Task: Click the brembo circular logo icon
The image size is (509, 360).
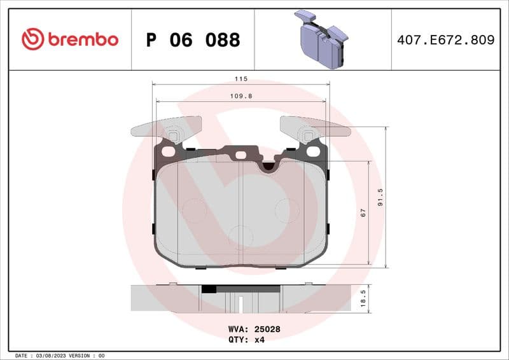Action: [x=32, y=39]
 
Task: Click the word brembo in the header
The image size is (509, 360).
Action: [x=82, y=39]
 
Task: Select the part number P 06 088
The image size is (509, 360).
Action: [x=193, y=40]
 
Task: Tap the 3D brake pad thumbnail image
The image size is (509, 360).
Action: [x=322, y=39]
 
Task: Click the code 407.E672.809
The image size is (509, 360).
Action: [x=445, y=40]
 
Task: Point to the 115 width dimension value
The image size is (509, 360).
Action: [x=241, y=79]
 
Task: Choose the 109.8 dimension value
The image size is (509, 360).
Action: [x=241, y=96]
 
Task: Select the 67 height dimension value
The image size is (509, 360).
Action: [x=363, y=213]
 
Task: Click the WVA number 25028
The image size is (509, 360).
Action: [x=267, y=329]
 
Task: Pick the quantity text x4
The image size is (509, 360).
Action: [x=259, y=340]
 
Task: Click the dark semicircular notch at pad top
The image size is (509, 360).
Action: [x=269, y=166]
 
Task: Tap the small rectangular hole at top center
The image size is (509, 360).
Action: [x=241, y=155]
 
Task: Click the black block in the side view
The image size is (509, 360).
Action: [x=209, y=288]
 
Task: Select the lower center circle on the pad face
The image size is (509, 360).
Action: [x=241, y=236]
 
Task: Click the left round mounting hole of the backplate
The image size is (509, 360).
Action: [x=168, y=151]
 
